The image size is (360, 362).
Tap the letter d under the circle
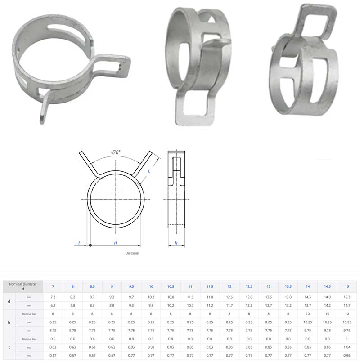point(115,242)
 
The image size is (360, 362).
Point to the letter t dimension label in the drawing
point(79,243)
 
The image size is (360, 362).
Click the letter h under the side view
point(176,243)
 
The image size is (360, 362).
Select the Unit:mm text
point(132,253)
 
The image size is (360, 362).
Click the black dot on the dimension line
point(90,246)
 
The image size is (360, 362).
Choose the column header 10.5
point(171,286)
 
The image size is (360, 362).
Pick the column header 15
point(346,286)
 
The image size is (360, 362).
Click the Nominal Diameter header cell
point(22,286)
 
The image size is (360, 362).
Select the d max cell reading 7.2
point(53,297)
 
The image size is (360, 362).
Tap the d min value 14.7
point(346,305)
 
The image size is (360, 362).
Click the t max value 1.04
point(346,347)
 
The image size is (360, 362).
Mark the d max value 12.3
point(229,297)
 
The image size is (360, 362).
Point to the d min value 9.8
point(151,305)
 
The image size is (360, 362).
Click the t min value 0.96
point(346,355)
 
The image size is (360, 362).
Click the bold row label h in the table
point(9,322)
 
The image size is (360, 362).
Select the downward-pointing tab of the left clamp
point(44,110)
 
